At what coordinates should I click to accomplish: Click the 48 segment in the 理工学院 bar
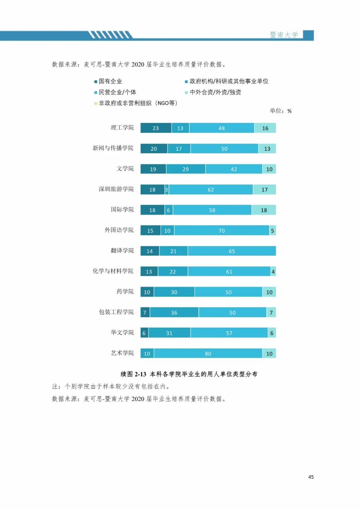222,128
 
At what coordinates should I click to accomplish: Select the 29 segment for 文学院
186,169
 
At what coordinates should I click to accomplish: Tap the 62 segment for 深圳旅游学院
211,190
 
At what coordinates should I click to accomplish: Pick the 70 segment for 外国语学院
222,231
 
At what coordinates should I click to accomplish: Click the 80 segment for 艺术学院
208,354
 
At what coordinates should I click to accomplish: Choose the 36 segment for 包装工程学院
174,313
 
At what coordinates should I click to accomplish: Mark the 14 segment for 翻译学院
150,251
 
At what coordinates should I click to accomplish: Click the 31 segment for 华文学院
169,333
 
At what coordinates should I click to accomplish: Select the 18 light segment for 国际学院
264,210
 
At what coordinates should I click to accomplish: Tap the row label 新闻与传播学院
113,148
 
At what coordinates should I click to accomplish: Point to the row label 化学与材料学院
113,271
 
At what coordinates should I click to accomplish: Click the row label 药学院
125,292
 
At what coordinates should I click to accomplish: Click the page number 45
311,477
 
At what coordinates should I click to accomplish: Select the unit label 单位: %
281,111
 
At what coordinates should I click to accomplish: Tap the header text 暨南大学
284,35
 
